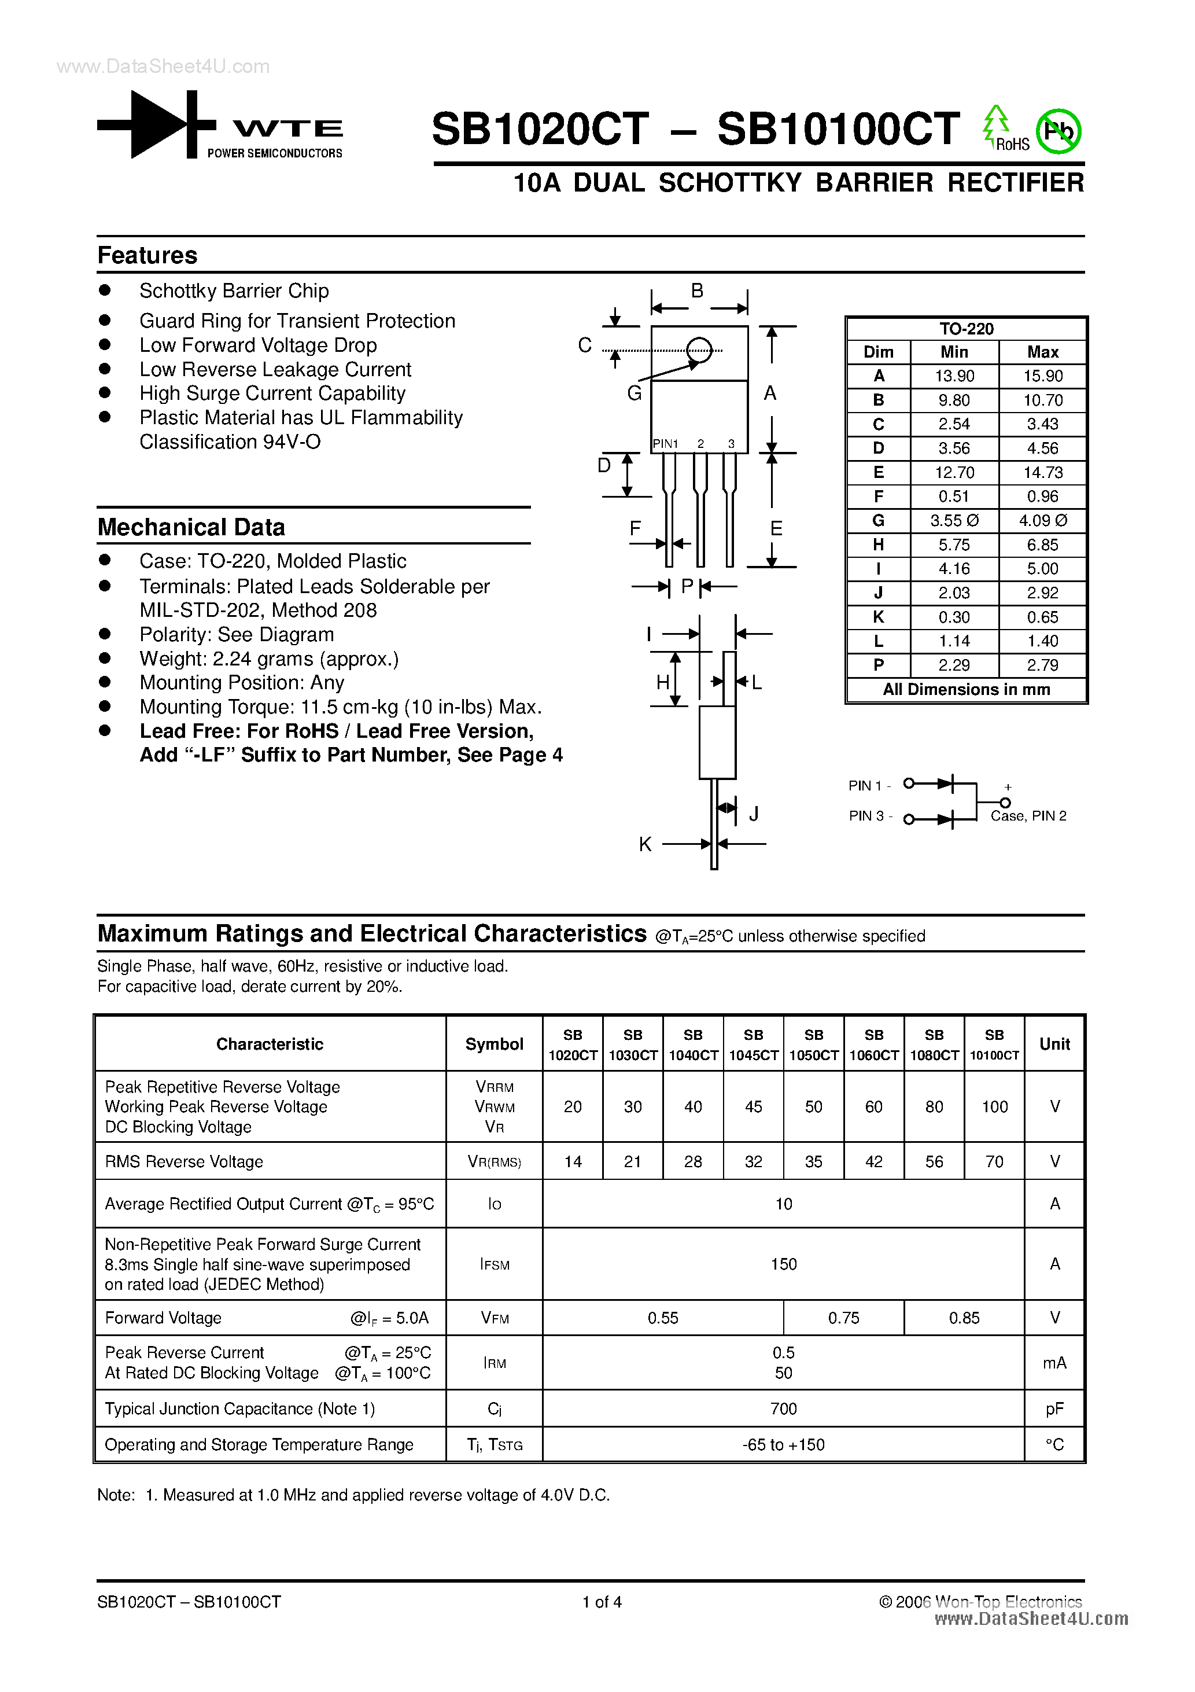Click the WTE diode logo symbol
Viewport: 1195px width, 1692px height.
pyautogui.click(x=156, y=124)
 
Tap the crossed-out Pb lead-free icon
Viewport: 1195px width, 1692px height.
pyautogui.click(x=1058, y=132)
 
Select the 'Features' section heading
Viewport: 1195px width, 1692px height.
pyautogui.click(x=147, y=255)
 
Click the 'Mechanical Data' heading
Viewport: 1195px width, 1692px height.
pyautogui.click(x=191, y=527)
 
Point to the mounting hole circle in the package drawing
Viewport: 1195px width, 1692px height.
pyautogui.click(x=699, y=350)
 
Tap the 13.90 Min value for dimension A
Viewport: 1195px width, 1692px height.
pyautogui.click(x=954, y=376)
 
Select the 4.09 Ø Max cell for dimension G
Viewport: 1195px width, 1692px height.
pyautogui.click(x=1042, y=520)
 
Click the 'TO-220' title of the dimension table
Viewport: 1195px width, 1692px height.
pyautogui.click(x=966, y=329)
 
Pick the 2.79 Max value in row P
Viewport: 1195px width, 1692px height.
pyautogui.click(x=1042, y=665)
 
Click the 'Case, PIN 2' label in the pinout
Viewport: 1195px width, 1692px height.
pyautogui.click(x=1028, y=816)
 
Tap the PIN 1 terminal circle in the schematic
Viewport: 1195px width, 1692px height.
pyautogui.click(x=909, y=784)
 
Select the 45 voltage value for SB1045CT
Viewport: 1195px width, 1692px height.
pyautogui.click(x=753, y=1106)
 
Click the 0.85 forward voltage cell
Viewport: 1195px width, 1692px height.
pyautogui.click(x=964, y=1318)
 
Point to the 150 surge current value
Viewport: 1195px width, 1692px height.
pyautogui.click(x=783, y=1264)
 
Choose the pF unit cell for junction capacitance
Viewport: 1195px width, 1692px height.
pyautogui.click(x=1054, y=1408)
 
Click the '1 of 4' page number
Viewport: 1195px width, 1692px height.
pyautogui.click(x=602, y=1601)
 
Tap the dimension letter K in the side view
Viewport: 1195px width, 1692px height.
pyautogui.click(x=646, y=844)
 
